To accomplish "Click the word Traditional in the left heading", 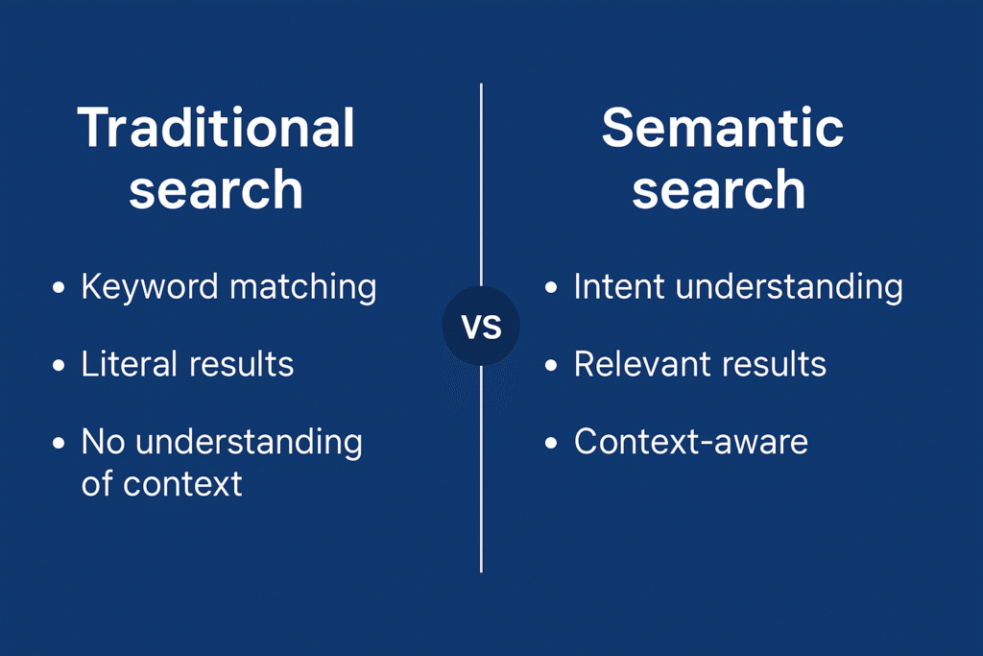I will click(216, 128).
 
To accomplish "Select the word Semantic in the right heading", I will click(723, 128).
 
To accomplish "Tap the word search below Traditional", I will click(216, 189).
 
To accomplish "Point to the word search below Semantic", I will click(719, 189).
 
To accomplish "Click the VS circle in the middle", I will click(481, 327).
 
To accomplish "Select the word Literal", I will click(130, 364).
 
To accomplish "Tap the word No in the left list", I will click(104, 442).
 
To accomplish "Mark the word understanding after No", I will click(249, 443).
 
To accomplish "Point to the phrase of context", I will click(161, 482).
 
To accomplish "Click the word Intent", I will click(615, 286).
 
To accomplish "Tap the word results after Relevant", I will click(776, 364).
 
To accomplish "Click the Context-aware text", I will click(691, 442).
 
